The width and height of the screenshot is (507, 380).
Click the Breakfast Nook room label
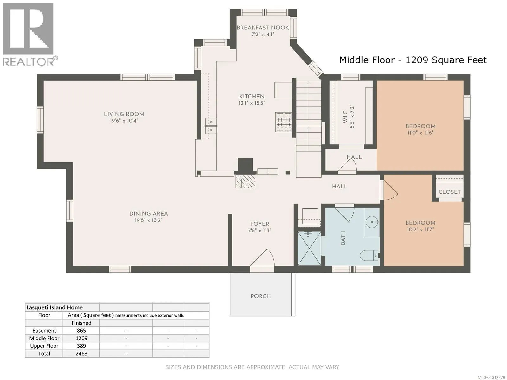263,28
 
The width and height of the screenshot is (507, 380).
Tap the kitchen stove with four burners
284,122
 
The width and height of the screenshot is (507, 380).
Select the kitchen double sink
211,126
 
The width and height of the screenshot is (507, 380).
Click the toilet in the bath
369,256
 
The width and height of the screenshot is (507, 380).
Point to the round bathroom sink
372,222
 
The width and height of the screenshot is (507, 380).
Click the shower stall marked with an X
309,249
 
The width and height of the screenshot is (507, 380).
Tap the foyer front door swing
262,258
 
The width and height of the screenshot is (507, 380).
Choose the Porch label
260,296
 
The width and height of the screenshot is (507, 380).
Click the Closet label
449,192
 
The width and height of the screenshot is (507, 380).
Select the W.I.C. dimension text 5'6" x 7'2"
352,117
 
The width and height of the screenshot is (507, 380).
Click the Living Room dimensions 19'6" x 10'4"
124,121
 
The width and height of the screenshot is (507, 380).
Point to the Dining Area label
149,214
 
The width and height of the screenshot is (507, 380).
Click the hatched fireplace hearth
246,181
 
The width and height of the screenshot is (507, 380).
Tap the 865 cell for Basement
81,331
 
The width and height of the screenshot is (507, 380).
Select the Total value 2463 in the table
81,354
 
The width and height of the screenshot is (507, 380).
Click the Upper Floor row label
44,346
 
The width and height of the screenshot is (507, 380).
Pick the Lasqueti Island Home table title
55,307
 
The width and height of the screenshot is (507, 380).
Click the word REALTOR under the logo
29,62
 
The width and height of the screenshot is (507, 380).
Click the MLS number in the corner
491,377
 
